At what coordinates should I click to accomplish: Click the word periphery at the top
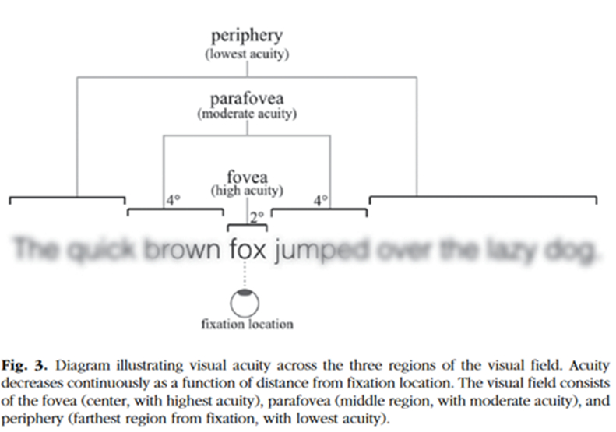247,37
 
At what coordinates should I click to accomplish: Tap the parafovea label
247,100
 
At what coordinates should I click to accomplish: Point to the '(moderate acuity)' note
247,114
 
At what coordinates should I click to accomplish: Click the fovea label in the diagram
247,176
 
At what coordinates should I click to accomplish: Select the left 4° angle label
173,201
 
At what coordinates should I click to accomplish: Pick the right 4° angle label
320,201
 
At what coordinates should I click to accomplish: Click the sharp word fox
248,251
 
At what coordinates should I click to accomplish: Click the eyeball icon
246,301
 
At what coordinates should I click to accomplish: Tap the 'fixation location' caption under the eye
246,323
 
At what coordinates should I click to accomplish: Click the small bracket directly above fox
246,225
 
